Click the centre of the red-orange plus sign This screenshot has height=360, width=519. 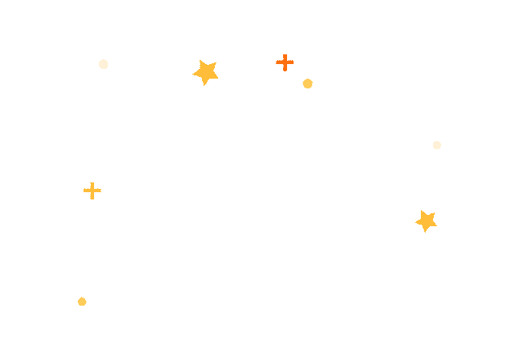[285, 62]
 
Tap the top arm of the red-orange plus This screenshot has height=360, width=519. [285, 56]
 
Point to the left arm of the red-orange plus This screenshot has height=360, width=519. [278, 62]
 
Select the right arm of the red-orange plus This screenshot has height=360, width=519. [291, 62]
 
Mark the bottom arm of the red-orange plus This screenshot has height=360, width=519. [285, 69]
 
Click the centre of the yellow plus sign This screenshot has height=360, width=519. [92, 191]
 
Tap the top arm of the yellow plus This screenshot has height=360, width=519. [92, 184]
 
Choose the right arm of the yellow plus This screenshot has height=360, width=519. [99, 191]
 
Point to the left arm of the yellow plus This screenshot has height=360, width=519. [86, 191]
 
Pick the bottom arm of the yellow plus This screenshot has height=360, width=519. [92, 197]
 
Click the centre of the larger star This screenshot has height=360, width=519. [207, 72]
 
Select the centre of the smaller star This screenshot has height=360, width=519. [426, 221]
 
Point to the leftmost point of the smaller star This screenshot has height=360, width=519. [415, 218]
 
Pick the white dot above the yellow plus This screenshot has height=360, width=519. [103, 64]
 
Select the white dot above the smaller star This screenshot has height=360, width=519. [436, 145]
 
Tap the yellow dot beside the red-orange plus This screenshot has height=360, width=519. [307, 84]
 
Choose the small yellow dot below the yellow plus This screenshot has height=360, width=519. [82, 302]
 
